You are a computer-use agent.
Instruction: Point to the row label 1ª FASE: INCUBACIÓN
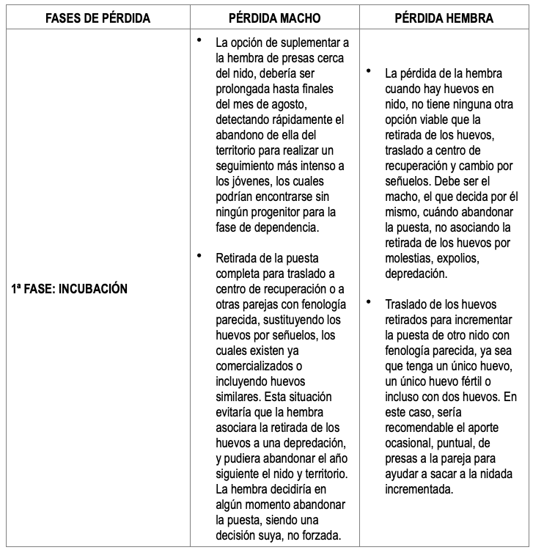(70, 289)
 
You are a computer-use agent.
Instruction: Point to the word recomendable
(419, 428)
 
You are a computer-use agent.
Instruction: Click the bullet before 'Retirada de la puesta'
(199, 255)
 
